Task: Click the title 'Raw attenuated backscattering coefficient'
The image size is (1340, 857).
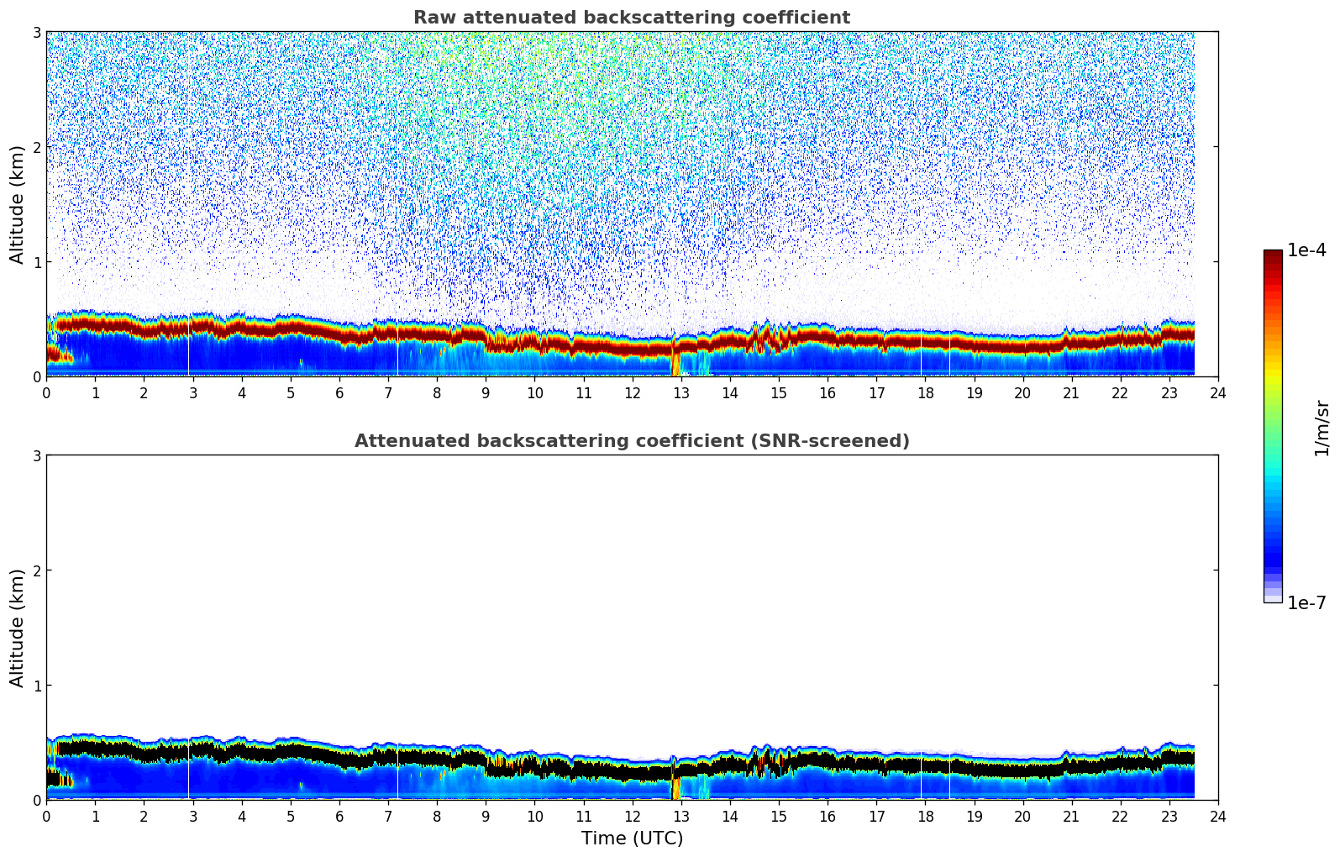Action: (631, 18)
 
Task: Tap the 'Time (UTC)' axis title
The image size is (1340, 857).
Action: (632, 839)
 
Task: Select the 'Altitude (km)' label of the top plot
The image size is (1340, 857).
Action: (18, 204)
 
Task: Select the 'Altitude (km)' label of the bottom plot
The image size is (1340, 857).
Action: (18, 628)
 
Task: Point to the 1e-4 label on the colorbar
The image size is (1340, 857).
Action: (1306, 250)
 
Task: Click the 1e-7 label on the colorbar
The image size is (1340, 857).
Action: (1306, 603)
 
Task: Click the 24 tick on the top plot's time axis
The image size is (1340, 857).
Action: (1217, 392)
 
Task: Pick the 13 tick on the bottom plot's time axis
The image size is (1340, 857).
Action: (681, 816)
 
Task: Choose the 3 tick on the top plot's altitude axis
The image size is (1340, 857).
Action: (36, 32)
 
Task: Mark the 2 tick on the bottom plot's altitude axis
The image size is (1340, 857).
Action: (36, 570)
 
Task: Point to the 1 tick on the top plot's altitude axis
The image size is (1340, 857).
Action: (36, 262)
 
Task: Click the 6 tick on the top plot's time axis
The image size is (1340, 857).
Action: (339, 392)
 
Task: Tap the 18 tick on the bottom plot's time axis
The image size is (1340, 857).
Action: (925, 816)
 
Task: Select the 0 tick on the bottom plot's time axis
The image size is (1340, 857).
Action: (46, 816)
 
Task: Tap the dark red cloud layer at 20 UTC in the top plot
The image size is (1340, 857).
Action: (1022, 344)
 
